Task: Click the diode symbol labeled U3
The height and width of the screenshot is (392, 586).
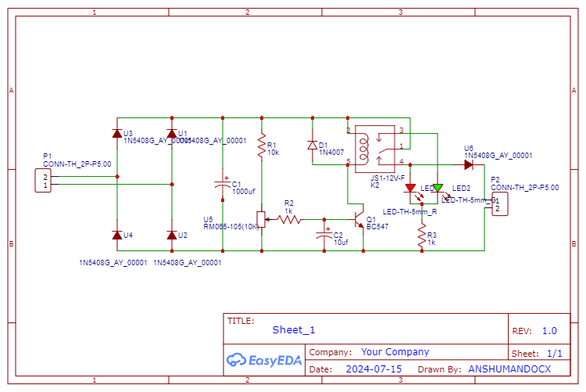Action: pyautogui.click(x=116, y=134)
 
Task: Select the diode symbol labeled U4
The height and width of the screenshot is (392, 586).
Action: pyautogui.click(x=116, y=235)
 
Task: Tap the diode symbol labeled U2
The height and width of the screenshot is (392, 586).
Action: pyautogui.click(x=172, y=235)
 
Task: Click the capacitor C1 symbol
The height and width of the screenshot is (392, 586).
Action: pyautogui.click(x=223, y=185)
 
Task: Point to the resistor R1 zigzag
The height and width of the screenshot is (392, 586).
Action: pyautogui.click(x=261, y=149)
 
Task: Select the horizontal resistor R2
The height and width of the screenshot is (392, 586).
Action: pyautogui.click(x=289, y=219)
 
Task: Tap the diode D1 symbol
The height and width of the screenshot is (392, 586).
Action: pyautogui.click(x=312, y=145)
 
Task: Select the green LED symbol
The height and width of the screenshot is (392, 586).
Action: pyautogui.click(x=438, y=188)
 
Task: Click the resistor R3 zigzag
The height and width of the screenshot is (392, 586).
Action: pyautogui.click(x=422, y=235)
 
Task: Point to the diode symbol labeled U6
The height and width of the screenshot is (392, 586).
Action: pyautogui.click(x=469, y=164)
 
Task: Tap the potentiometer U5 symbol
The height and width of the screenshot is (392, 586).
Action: pyautogui.click(x=261, y=219)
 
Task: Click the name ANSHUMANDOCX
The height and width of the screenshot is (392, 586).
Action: pyautogui.click(x=509, y=369)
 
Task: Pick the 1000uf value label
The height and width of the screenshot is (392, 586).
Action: pyautogui.click(x=244, y=192)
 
